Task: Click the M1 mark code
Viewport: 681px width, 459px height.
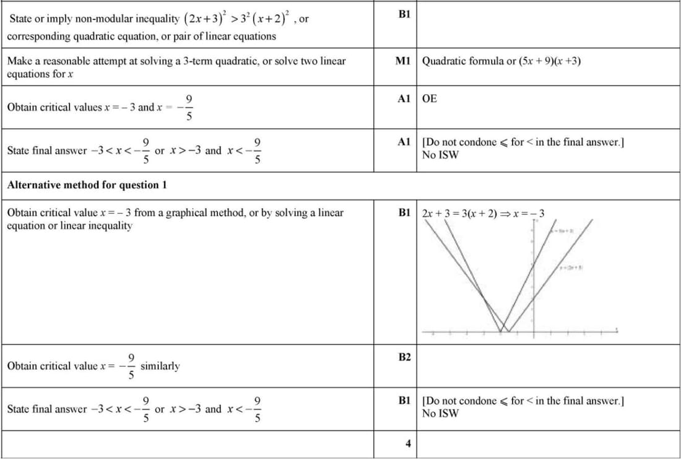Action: coord(404,61)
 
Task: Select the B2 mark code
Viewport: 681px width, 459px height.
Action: coord(404,357)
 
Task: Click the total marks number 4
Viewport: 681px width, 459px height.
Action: coord(407,444)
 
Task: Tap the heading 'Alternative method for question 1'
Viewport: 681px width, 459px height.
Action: coord(87,185)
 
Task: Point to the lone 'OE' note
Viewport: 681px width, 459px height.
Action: coord(429,98)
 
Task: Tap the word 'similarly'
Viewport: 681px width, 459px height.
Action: coord(160,365)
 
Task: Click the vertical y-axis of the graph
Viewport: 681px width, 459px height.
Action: coord(534,279)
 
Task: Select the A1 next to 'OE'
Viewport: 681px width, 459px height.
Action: coord(404,98)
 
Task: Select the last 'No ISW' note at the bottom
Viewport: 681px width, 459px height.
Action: coord(440,413)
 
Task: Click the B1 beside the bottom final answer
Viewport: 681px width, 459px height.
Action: coord(404,401)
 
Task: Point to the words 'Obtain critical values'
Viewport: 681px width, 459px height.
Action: coord(54,107)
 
